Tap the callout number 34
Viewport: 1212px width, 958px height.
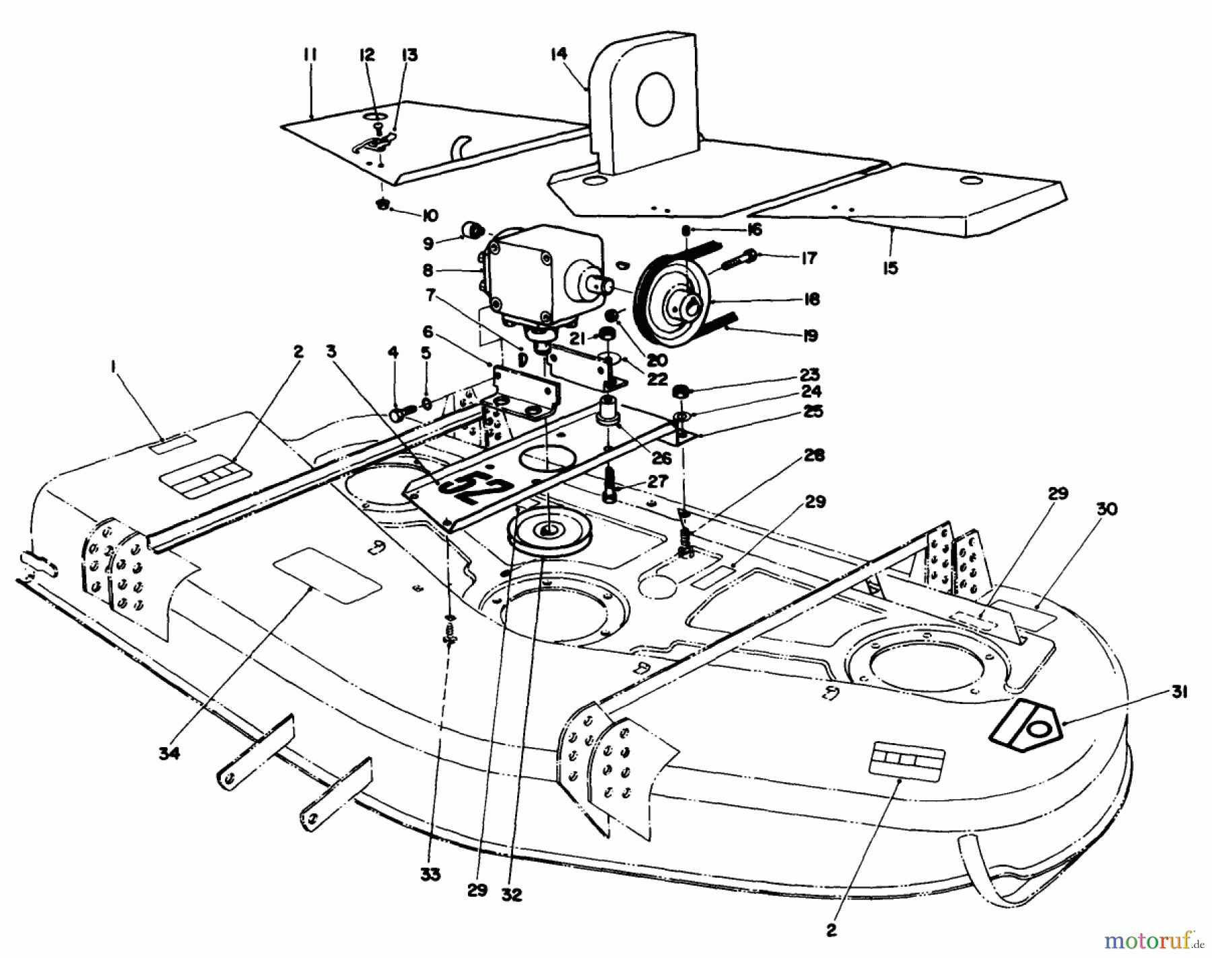170,754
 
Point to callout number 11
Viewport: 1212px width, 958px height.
310,55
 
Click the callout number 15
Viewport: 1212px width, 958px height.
890,268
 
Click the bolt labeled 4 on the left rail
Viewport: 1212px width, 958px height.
398,414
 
